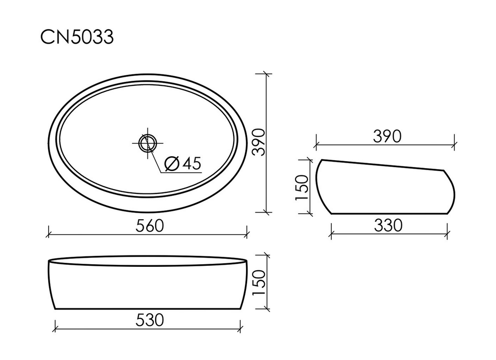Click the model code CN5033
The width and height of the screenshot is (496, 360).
(77, 37)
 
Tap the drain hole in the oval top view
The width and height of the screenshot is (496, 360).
(147, 143)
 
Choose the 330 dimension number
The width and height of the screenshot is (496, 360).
(388, 226)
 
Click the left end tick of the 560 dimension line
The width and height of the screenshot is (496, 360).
(49, 232)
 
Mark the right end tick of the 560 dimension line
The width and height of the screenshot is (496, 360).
(247, 232)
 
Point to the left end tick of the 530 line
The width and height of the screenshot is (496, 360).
(56, 327)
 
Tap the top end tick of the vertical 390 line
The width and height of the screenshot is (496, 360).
(267, 74)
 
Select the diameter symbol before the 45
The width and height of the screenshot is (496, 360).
(171, 164)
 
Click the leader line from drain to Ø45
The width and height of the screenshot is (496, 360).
(155, 159)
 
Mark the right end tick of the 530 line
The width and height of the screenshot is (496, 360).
(241, 327)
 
